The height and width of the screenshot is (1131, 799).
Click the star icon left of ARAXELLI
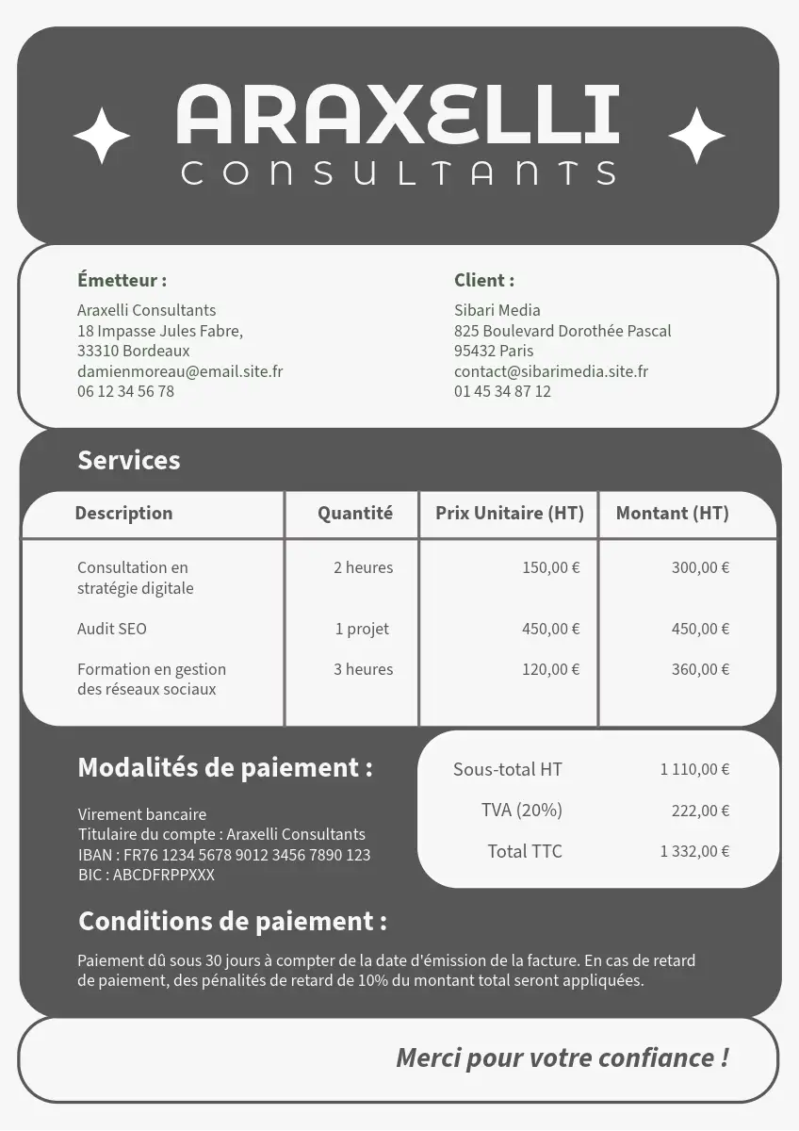pyautogui.click(x=102, y=136)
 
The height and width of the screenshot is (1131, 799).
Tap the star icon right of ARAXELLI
pyautogui.click(x=696, y=136)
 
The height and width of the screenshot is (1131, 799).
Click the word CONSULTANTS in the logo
pyautogui.click(x=399, y=172)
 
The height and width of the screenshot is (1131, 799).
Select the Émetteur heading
pyautogui.click(x=122, y=280)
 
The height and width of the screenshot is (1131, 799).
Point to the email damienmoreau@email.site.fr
pyautogui.click(x=180, y=371)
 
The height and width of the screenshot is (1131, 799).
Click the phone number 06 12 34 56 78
pyautogui.click(x=125, y=391)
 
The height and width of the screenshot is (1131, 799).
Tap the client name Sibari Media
pyautogui.click(x=497, y=310)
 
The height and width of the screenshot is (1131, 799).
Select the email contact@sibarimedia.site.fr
pyautogui.click(x=550, y=371)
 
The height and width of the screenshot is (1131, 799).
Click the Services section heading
pyautogui.click(x=128, y=460)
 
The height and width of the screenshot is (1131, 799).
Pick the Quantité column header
pyautogui.click(x=354, y=514)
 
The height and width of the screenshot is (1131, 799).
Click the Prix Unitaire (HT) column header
pyautogui.click(x=510, y=514)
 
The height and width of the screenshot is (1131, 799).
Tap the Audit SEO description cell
pyautogui.click(x=112, y=629)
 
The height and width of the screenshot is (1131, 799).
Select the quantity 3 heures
pyautogui.click(x=363, y=669)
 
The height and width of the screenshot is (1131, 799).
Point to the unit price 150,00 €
pyautogui.click(x=550, y=567)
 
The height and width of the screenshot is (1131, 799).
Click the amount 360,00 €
pyautogui.click(x=700, y=669)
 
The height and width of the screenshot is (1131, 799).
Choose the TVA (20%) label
pyautogui.click(x=521, y=811)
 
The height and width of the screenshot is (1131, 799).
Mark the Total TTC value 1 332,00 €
pyautogui.click(x=694, y=851)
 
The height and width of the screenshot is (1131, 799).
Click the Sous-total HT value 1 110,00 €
pyautogui.click(x=694, y=769)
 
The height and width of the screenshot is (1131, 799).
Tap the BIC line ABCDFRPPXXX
pyautogui.click(x=146, y=875)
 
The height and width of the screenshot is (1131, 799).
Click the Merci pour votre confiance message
pyautogui.click(x=562, y=1057)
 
